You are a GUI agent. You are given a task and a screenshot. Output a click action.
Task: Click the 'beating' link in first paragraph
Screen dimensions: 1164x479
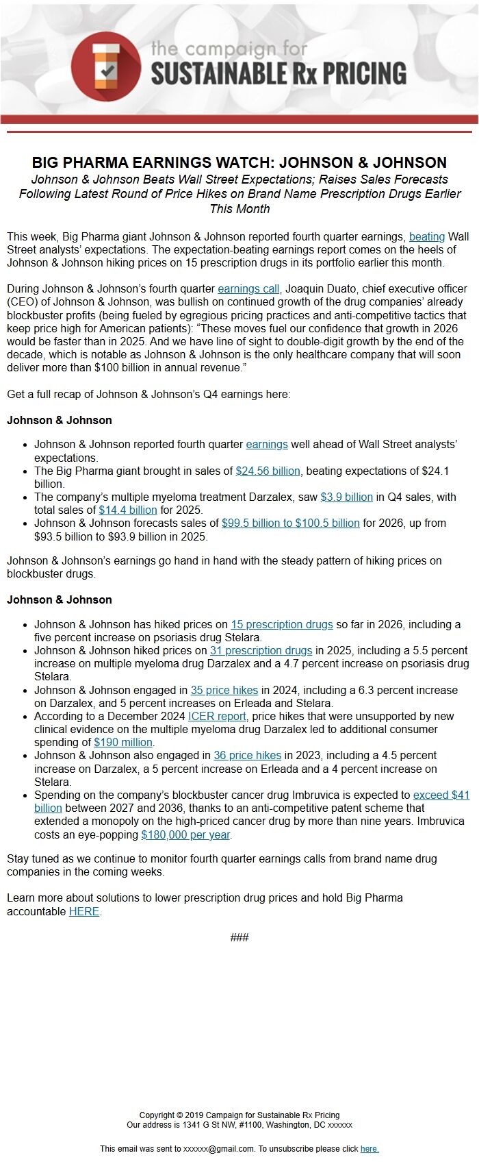426,236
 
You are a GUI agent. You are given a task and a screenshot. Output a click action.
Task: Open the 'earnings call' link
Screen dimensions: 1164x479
248,289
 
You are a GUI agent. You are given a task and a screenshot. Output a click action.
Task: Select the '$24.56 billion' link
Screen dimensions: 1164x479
268,471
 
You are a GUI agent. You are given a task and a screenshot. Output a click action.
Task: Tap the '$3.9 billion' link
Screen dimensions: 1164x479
346,497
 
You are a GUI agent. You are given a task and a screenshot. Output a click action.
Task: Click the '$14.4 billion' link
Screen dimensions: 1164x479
128,510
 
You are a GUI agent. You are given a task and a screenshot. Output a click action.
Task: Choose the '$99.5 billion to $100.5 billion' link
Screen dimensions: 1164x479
290,523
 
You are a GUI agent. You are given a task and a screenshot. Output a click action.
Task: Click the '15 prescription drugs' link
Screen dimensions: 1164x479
281,625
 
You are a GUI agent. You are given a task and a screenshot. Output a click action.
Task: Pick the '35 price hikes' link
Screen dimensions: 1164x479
224,691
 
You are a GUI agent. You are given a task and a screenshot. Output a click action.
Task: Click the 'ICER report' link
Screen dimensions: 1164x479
217,717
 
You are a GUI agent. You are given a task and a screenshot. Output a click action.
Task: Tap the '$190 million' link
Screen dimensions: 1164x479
123,743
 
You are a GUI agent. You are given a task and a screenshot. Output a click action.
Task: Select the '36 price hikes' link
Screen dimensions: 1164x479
247,756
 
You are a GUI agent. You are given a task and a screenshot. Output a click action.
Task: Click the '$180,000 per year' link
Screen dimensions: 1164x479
185,835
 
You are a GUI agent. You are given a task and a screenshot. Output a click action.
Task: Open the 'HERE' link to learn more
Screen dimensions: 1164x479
84,912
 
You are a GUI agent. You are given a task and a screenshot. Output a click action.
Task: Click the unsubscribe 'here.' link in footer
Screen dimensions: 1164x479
370,1149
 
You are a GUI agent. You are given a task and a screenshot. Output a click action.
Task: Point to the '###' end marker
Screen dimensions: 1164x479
239,938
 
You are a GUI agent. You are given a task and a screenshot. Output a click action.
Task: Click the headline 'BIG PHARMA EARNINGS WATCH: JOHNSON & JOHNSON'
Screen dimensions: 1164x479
239,163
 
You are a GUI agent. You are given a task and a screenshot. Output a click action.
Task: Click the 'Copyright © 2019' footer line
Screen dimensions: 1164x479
239,1115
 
